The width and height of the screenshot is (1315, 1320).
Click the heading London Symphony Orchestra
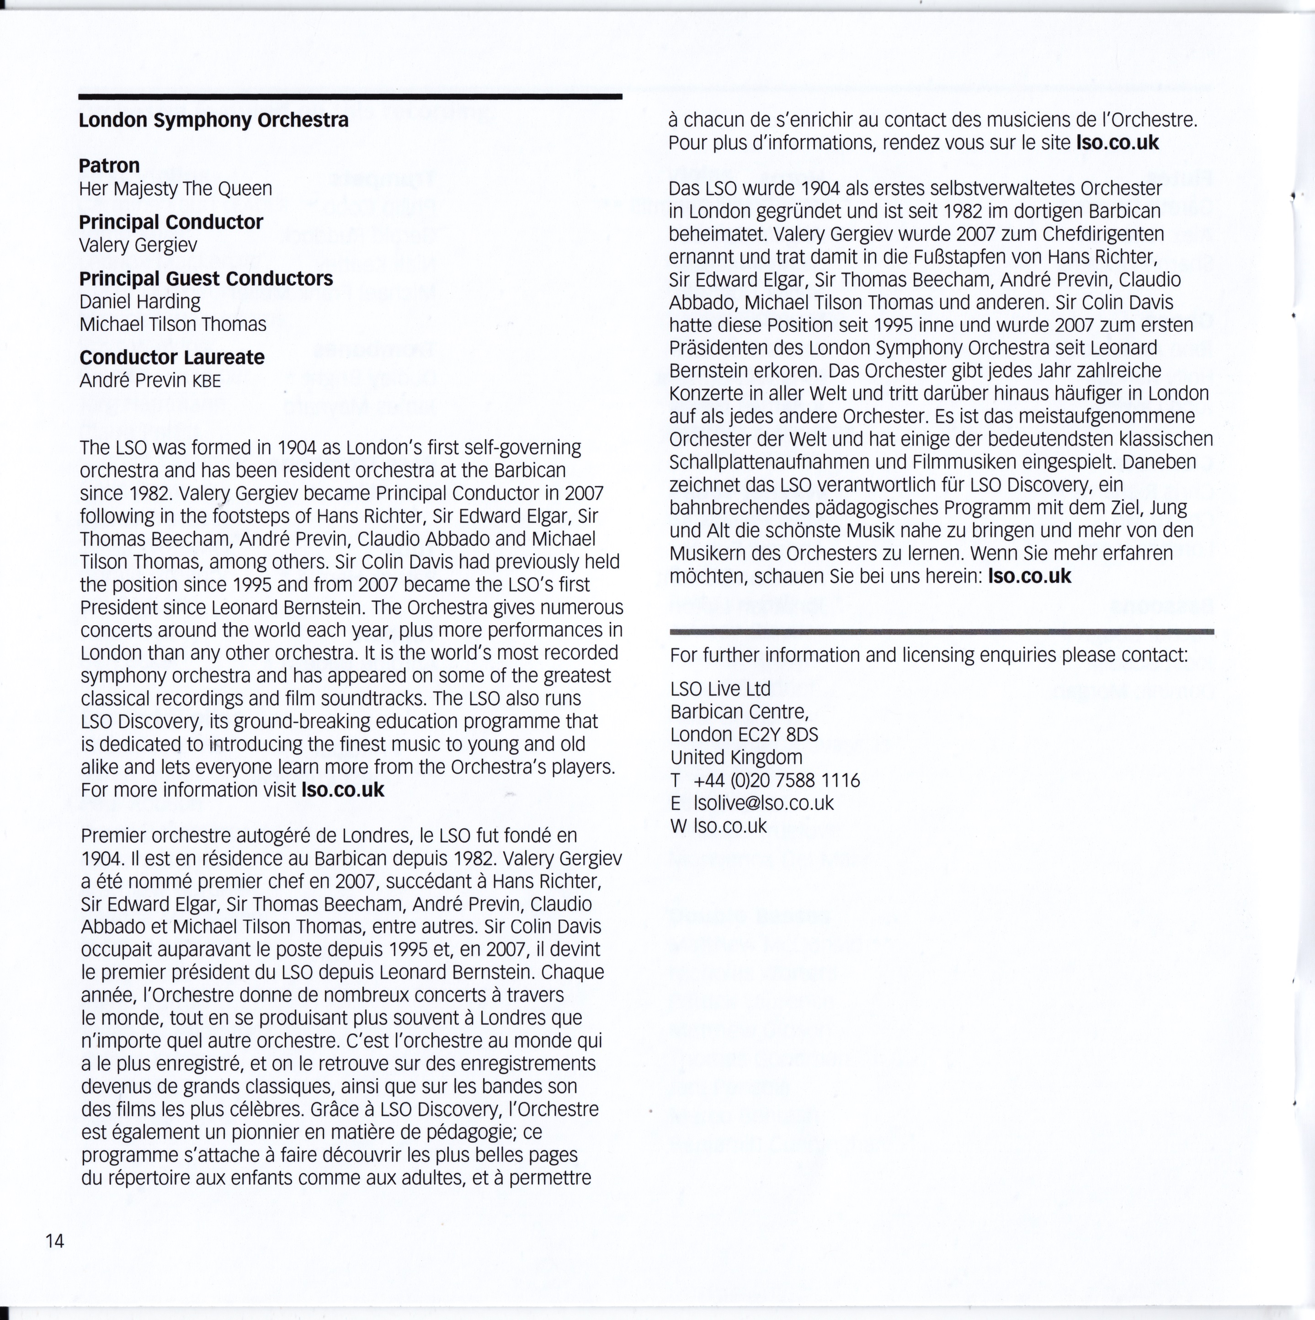pyautogui.click(x=213, y=120)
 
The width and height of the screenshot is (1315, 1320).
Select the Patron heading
pyautogui.click(x=109, y=165)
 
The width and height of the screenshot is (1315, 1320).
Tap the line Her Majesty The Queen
pyautogui.click(x=176, y=189)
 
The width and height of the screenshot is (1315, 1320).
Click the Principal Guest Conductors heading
pyautogui.click(x=206, y=279)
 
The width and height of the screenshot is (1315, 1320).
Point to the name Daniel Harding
pyautogui.click(x=140, y=301)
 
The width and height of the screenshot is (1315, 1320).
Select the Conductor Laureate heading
pyautogui.click(x=171, y=357)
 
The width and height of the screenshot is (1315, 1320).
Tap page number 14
pyautogui.click(x=55, y=1241)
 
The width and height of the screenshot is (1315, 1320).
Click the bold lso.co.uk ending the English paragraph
pyautogui.click(x=343, y=791)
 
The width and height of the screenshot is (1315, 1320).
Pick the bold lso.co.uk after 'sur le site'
pyautogui.click(x=1117, y=143)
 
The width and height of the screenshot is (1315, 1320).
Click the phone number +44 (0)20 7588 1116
pyautogui.click(x=776, y=780)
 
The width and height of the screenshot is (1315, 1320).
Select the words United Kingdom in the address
pyautogui.click(x=736, y=757)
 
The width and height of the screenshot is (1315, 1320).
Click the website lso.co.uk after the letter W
pyautogui.click(x=729, y=826)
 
